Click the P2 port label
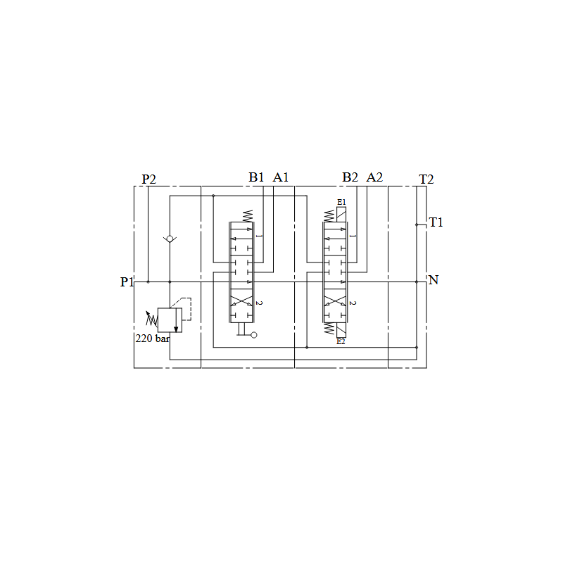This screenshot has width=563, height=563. click(148, 179)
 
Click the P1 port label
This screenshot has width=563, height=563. click(127, 282)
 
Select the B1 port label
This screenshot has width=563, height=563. click(256, 177)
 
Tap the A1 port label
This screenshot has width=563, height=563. click(280, 177)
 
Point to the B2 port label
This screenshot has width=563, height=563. click(350, 177)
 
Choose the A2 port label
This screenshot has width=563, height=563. click(374, 177)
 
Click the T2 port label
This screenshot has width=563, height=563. click(426, 179)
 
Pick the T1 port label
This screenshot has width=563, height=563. click(436, 222)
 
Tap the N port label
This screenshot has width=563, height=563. click(434, 279)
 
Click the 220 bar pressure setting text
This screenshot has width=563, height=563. click(152, 339)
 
